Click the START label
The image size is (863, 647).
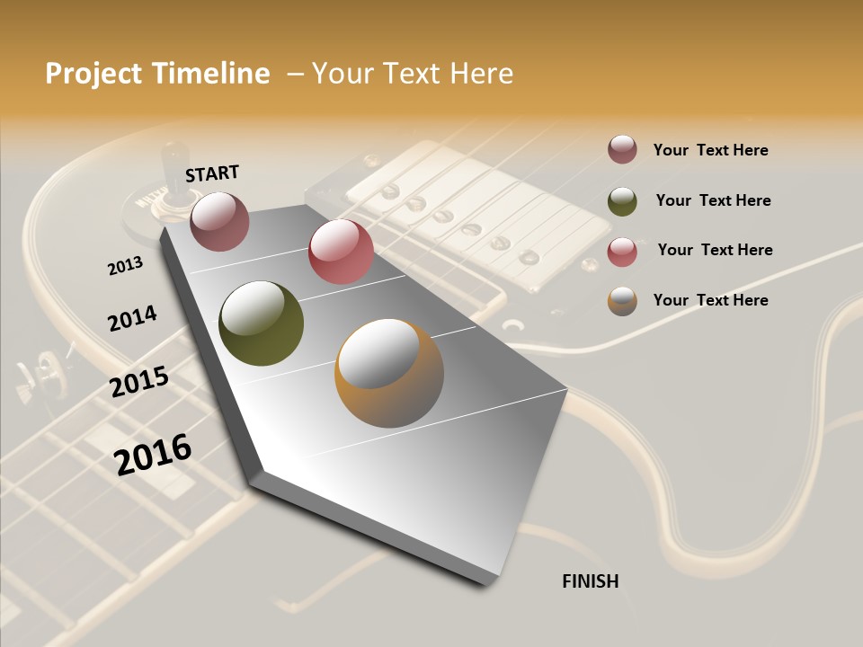pyautogui.click(x=212, y=173)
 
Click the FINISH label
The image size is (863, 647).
pyautogui.click(x=590, y=581)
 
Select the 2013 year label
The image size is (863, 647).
pyautogui.click(x=125, y=266)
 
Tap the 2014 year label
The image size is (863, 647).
pyautogui.click(x=132, y=319)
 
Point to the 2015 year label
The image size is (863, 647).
pyautogui.click(x=139, y=382)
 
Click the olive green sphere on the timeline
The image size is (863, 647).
pyautogui.click(x=261, y=323)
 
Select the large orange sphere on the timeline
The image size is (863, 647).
pyautogui.click(x=388, y=373)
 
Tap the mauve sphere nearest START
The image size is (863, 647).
pyautogui.click(x=219, y=221)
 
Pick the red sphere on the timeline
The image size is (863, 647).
pyautogui.click(x=341, y=252)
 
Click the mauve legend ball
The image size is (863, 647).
pyautogui.click(x=622, y=149)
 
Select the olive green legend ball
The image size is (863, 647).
pyautogui.click(x=622, y=201)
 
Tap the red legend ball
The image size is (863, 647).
pyautogui.click(x=622, y=252)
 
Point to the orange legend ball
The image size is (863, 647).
pyautogui.click(x=622, y=301)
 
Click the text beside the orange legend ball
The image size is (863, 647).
pyautogui.click(x=710, y=300)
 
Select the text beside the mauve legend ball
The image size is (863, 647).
pyautogui.click(x=710, y=150)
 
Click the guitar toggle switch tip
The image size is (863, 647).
pyautogui.click(x=169, y=158)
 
